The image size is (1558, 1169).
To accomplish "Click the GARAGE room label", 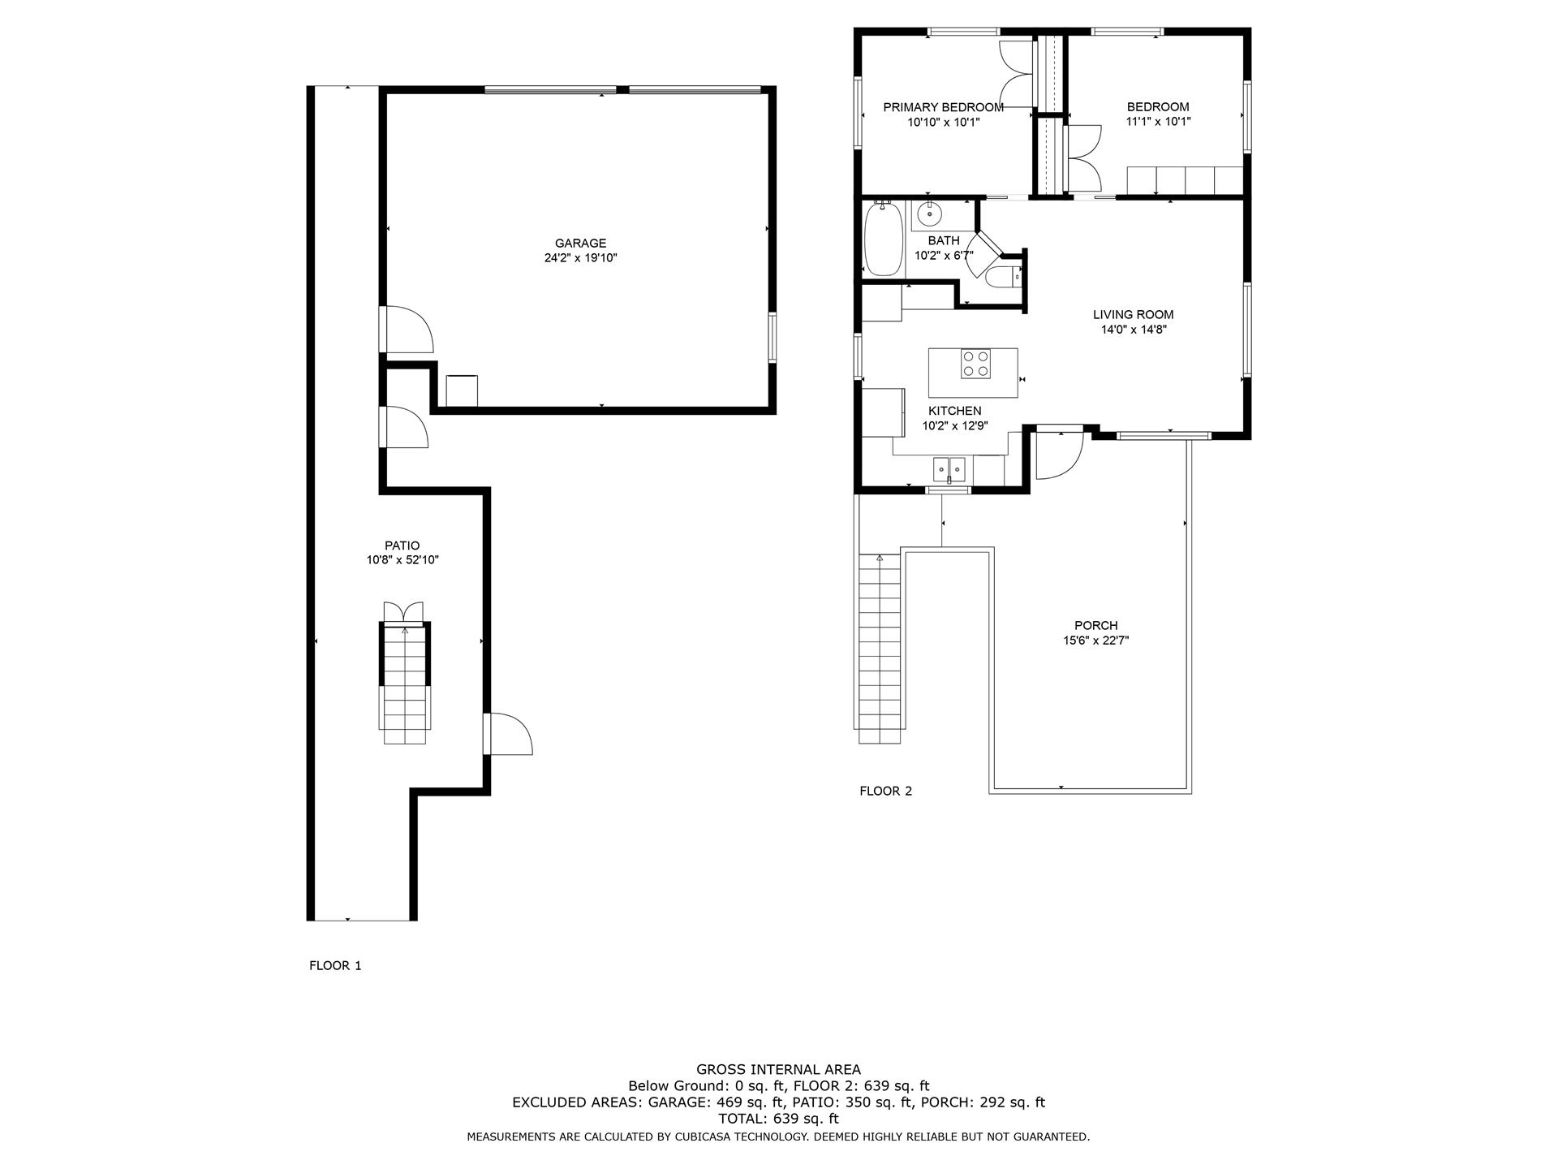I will click(580, 243).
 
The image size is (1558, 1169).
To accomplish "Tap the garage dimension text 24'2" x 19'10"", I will click(580, 258).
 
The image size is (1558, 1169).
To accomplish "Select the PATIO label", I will click(402, 546).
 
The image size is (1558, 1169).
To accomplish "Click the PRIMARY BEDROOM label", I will click(943, 107).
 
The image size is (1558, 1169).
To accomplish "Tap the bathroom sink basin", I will click(928, 215).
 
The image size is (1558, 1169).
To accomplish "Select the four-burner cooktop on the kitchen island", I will click(975, 363).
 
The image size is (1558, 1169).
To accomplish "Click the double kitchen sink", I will click(949, 468).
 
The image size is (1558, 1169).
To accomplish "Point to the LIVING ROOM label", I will click(1133, 315).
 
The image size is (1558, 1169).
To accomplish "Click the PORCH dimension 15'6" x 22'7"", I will click(1095, 641).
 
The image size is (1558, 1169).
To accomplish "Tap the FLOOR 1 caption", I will click(335, 965).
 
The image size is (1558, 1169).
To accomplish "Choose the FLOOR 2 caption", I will click(885, 791).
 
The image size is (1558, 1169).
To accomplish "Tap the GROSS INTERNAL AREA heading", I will click(778, 1069).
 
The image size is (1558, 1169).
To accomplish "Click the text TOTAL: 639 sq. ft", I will click(778, 1119).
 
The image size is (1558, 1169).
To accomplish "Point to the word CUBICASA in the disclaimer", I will click(704, 1137).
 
